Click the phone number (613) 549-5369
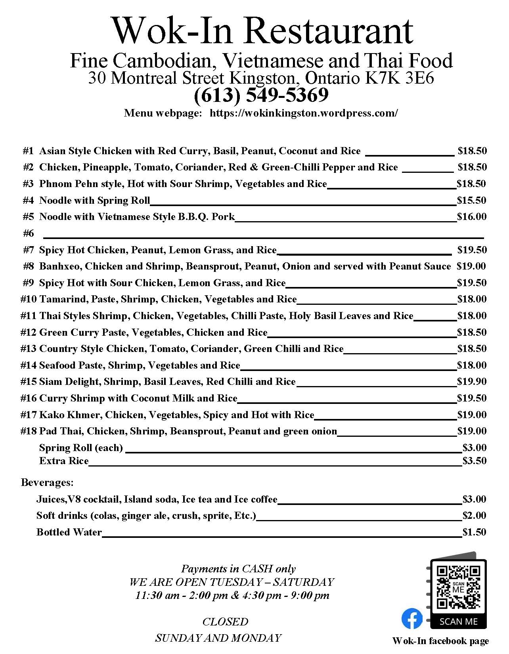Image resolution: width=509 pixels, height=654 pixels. point(261,95)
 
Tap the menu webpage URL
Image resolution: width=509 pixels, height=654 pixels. point(303,113)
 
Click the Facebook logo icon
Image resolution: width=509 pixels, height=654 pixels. point(412,618)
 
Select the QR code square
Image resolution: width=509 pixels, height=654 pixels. point(458,587)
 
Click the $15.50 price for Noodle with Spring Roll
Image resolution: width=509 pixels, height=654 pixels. point(471,200)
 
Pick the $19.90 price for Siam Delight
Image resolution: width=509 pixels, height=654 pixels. point(471,381)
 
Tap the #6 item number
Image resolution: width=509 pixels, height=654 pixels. point(29,233)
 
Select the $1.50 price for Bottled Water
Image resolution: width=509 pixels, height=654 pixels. point(474,532)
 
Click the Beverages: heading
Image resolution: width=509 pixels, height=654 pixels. point(47,482)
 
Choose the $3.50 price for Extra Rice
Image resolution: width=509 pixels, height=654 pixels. point(474,461)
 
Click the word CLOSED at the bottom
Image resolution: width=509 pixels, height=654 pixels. point(225,621)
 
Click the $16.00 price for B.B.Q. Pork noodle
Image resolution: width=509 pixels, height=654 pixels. point(471,216)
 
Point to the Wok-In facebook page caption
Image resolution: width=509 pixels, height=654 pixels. point(440,641)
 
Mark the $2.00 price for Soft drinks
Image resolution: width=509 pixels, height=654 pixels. point(474,515)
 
